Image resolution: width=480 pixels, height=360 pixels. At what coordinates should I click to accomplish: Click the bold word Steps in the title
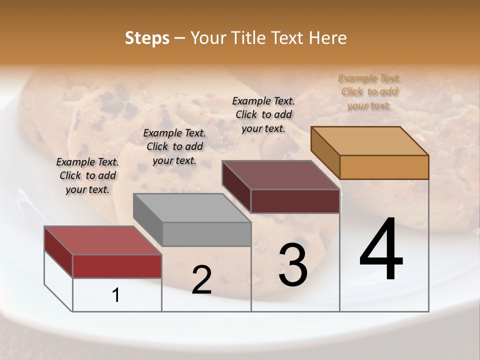point(147,38)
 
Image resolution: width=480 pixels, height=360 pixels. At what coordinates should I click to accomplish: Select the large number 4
point(381,250)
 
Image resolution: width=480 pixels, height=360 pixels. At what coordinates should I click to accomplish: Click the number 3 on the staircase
point(293,265)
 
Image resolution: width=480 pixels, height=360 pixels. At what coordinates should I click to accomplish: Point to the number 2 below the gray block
point(202,280)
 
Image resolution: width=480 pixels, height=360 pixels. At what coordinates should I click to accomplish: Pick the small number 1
point(116,295)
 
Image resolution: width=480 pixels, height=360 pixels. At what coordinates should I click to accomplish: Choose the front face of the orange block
point(384,167)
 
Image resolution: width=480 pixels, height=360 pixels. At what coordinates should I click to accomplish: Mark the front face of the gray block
point(206,234)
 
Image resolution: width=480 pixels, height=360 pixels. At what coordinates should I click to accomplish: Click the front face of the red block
point(117,266)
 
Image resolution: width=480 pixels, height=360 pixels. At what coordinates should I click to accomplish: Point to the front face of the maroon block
point(295,201)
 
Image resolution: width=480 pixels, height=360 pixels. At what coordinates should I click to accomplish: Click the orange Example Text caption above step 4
point(369,92)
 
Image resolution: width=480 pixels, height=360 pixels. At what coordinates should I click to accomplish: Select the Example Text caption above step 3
point(263,114)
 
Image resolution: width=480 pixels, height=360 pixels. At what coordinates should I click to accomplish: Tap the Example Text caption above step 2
point(174,146)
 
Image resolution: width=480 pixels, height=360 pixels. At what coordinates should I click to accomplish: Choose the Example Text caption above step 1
point(87,175)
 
